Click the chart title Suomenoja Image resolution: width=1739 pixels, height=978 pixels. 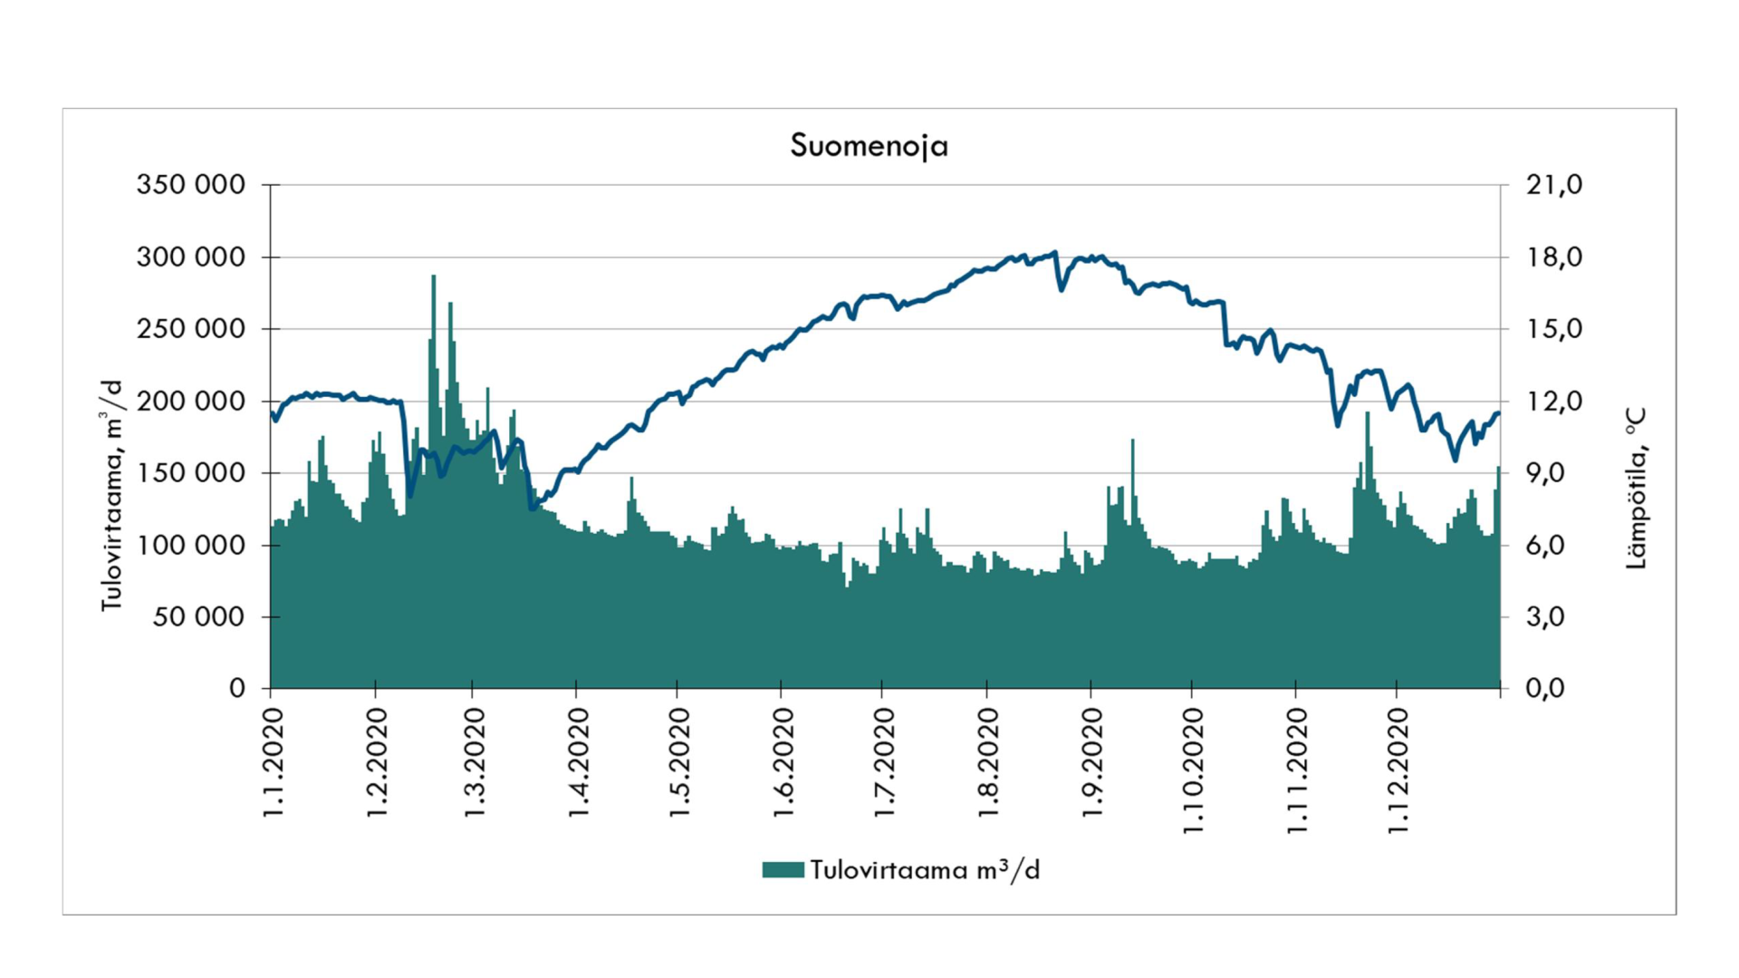pyautogui.click(x=869, y=146)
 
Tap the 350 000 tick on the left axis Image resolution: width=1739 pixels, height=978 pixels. pyautogui.click(x=190, y=185)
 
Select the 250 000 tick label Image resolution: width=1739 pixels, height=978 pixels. pyautogui.click(x=190, y=329)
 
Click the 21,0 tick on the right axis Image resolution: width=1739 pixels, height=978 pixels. pyautogui.click(x=1553, y=185)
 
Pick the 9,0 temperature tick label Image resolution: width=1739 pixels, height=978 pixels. pyautogui.click(x=1553, y=473)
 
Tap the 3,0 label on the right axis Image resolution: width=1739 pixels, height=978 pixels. pyautogui.click(x=1553, y=617)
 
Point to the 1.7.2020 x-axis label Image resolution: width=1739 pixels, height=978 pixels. pyautogui.click(x=885, y=763)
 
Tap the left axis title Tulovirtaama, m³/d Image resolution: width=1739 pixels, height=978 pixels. pyautogui.click(x=110, y=495)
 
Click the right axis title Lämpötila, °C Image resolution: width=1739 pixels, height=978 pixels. pyautogui.click(x=1636, y=488)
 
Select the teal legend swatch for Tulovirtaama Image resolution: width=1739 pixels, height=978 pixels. pyautogui.click(x=783, y=870)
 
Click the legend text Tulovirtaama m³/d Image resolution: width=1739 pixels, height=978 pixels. pyautogui.click(x=925, y=870)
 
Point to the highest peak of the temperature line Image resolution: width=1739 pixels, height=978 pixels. pyautogui.click(x=1054, y=253)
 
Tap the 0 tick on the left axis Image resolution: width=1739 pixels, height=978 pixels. pyautogui.click(x=237, y=689)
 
